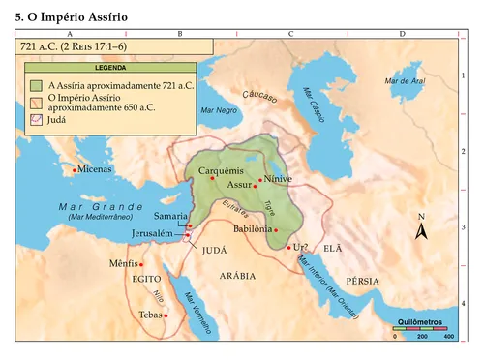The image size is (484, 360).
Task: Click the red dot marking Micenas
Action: click(x=75, y=170)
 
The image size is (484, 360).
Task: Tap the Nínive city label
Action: click(x=278, y=180)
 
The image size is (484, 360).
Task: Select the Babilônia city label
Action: click(x=254, y=228)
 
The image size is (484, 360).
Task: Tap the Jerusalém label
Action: click(x=152, y=235)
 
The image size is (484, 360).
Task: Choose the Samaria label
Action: click(x=170, y=216)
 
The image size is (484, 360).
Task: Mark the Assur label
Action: click(x=238, y=184)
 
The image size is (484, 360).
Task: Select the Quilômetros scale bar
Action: click(x=420, y=329)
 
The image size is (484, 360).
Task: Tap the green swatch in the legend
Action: click(x=35, y=85)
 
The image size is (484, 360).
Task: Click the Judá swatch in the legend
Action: click(x=35, y=119)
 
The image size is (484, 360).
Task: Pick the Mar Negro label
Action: click(x=220, y=111)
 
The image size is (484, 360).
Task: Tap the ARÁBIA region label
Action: click(x=238, y=276)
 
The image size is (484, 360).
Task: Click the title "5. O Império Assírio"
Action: click(x=71, y=17)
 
